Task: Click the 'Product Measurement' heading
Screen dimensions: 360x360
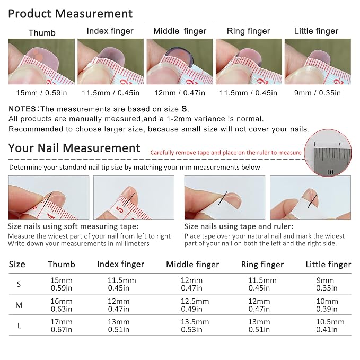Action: click(71, 14)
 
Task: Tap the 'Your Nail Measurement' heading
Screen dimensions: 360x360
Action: click(74, 148)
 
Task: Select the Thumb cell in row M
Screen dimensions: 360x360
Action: click(62, 305)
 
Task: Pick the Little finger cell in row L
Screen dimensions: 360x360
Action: click(330, 326)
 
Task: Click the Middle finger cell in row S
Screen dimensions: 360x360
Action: click(192, 284)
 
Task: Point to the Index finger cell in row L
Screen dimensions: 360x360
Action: click(119, 326)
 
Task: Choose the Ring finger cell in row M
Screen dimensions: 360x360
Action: click(259, 305)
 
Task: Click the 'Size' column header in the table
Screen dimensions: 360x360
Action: click(17, 264)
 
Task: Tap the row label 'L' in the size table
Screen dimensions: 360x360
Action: click(19, 326)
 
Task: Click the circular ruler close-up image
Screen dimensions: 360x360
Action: click(328, 153)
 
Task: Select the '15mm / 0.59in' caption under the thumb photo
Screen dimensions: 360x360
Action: click(41, 93)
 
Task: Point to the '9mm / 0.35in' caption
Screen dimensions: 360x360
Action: click(318, 93)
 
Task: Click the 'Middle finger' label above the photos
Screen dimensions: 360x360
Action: click(180, 31)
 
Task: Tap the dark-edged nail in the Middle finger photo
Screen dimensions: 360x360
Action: click(180, 56)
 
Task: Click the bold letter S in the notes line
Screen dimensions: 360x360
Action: click(184, 109)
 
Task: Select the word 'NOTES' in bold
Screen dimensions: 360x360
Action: click(22, 109)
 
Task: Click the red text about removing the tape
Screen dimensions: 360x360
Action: click(226, 153)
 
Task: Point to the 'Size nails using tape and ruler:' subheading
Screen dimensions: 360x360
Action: click(239, 226)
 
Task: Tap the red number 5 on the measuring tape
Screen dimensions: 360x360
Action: click(120, 209)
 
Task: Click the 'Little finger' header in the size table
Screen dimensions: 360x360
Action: click(328, 264)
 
